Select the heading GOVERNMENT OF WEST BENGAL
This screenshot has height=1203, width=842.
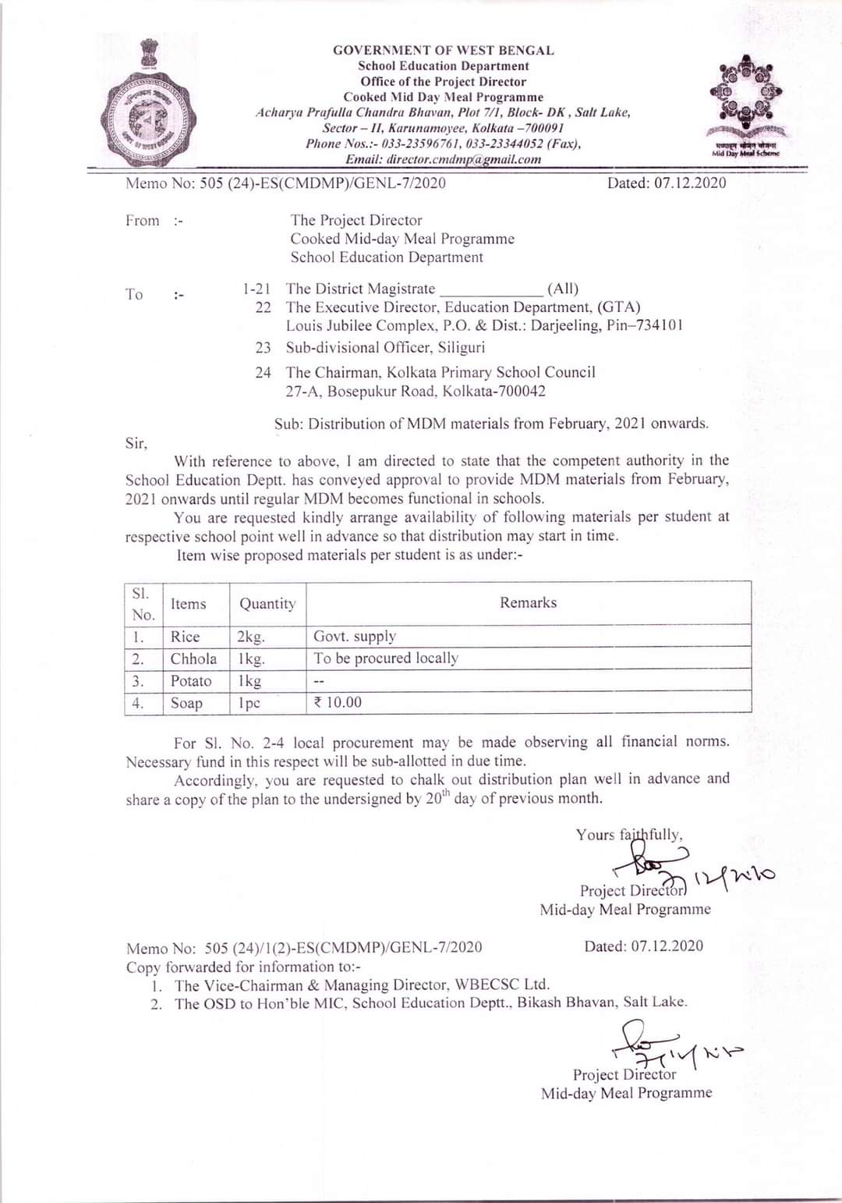pyautogui.click(x=443, y=50)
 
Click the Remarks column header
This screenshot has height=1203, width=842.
pyautogui.click(x=528, y=603)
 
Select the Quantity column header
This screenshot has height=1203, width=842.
pyautogui.click(x=267, y=604)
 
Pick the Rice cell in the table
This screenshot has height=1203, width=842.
pyautogui.click(x=186, y=637)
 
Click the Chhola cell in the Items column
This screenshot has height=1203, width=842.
pyautogui.click(x=193, y=658)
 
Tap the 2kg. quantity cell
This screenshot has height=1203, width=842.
pyautogui.click(x=251, y=637)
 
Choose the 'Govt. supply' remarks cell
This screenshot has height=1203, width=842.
pyautogui.click(x=355, y=637)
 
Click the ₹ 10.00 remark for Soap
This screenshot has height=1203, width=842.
pyautogui.click(x=338, y=702)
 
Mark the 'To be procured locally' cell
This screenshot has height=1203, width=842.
pyautogui.click(x=386, y=658)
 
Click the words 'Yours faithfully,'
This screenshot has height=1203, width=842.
pyautogui.click(x=629, y=835)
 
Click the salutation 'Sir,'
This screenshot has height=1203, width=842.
pyautogui.click(x=136, y=443)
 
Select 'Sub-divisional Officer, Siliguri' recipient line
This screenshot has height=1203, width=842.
pyautogui.click(x=385, y=348)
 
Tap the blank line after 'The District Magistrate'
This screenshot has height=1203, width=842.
pyautogui.click(x=491, y=289)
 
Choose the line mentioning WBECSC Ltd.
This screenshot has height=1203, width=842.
pyautogui.click(x=362, y=985)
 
